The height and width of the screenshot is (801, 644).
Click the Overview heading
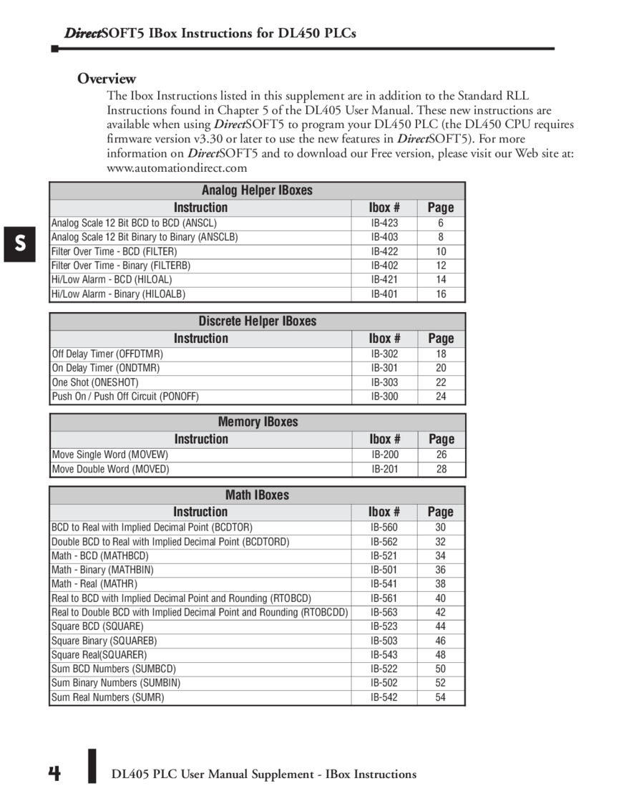click(107, 79)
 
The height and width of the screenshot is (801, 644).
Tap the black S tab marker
click(20, 243)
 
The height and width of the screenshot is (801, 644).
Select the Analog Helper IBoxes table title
click(257, 190)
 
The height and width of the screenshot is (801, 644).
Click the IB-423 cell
click(384, 223)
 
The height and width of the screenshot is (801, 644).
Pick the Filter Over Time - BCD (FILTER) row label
click(114, 251)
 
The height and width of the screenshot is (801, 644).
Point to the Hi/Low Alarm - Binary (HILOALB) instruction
click(118, 294)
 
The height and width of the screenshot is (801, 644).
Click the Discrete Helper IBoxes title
click(257, 321)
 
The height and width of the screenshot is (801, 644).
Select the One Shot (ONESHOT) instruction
click(95, 382)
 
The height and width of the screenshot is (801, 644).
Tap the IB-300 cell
click(384, 397)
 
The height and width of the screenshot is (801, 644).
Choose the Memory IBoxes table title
click(258, 422)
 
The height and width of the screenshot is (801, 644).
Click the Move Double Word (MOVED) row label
click(110, 470)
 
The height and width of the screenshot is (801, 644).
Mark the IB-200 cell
click(385, 455)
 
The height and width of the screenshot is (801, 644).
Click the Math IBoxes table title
click(257, 495)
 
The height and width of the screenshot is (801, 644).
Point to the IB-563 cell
click(384, 612)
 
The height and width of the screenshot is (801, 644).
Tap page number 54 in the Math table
click(440, 697)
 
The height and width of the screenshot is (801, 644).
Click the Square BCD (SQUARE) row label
click(98, 626)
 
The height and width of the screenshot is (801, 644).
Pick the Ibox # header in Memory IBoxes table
click(385, 439)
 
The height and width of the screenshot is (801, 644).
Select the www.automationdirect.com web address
click(177, 168)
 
